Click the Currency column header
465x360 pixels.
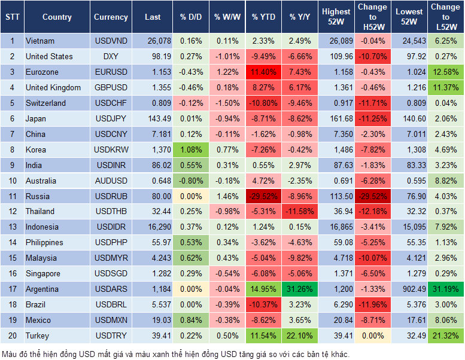[x=111, y=17]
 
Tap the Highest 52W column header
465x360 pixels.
[x=336, y=17]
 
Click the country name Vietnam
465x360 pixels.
[x=40, y=41]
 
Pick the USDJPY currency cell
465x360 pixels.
[x=111, y=118]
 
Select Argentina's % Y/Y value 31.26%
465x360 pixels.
[x=300, y=289]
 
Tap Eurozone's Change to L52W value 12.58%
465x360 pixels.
[x=445, y=72]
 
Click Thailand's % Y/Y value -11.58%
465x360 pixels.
[x=300, y=212]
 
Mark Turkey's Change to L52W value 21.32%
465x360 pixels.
[x=445, y=335]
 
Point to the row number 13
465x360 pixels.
[x=11, y=227]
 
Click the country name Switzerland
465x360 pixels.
[x=45, y=103]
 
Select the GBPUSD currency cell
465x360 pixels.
[x=111, y=88]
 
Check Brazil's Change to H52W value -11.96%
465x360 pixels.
[x=372, y=304]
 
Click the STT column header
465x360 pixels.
[x=11, y=17]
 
